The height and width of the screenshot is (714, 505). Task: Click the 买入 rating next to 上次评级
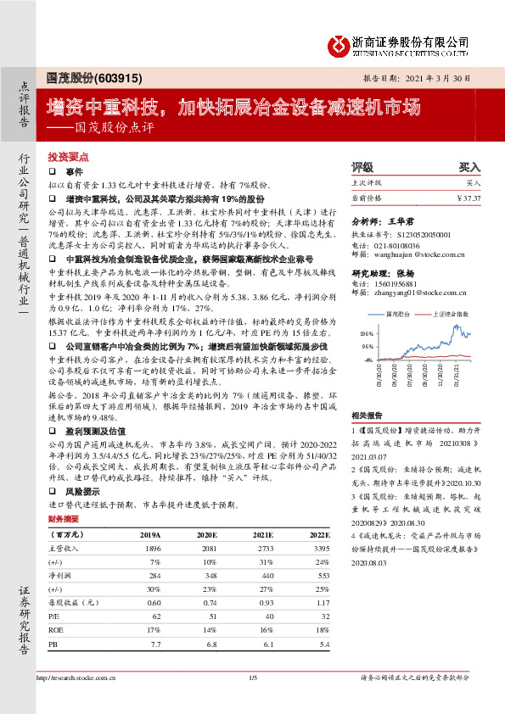(473, 183)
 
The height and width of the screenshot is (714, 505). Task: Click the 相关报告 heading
(367, 416)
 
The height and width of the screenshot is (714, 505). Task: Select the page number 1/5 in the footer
(252, 678)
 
